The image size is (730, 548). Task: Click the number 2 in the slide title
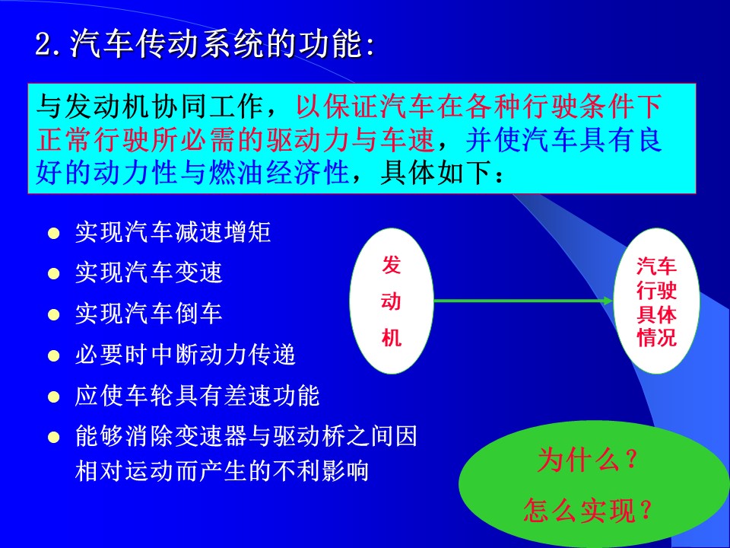43,46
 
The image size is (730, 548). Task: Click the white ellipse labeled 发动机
392,301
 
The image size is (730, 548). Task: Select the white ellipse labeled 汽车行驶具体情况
656,301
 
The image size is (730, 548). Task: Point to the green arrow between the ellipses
524,301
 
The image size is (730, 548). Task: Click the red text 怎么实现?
588,510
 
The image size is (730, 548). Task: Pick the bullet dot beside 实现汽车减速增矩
54,233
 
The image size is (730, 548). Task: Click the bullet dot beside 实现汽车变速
54,273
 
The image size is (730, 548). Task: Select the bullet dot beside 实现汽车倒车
54,314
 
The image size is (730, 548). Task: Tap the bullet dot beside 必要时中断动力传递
54,356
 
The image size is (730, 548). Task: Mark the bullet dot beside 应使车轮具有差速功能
54,397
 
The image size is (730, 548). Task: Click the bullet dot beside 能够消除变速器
54,437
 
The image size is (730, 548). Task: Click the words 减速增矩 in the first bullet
223,232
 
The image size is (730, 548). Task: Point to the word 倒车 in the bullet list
198,314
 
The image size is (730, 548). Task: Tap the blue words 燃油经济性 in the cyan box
278,173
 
